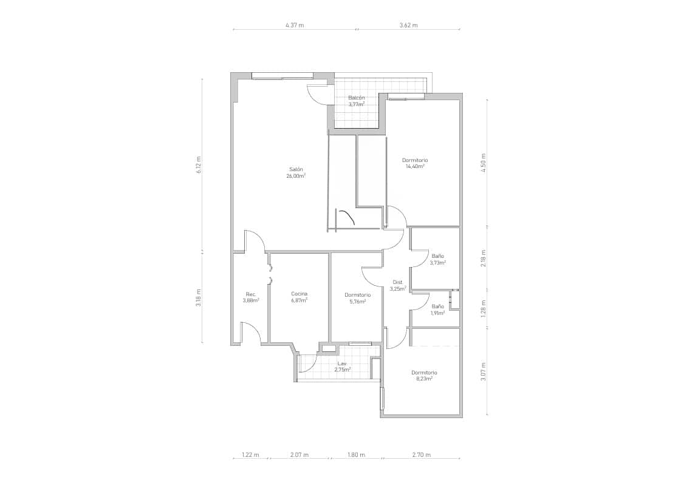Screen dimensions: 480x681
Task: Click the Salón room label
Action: tap(296, 169)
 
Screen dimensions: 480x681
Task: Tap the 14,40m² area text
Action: tap(414, 166)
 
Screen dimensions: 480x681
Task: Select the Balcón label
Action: tap(356, 98)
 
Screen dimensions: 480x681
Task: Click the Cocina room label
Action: tap(299, 294)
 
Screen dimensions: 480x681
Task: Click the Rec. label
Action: tap(250, 294)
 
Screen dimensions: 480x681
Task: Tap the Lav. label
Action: tap(342, 363)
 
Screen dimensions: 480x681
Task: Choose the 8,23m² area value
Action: tap(423, 379)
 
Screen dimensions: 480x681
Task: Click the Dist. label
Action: tap(398, 282)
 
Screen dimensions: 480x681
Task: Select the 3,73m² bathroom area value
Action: tap(437, 263)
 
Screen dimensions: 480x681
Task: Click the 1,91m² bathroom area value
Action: tap(437, 313)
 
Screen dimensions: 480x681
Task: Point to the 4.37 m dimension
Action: tap(295, 25)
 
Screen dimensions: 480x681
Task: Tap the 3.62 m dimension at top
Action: tap(408, 25)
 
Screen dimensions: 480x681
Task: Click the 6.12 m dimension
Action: tap(199, 165)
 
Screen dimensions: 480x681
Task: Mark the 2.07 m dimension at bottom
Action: tap(299, 455)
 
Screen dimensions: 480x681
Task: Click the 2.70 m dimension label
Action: tap(421, 455)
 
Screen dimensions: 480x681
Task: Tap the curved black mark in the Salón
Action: tap(347, 217)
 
